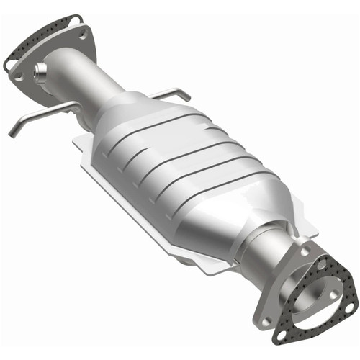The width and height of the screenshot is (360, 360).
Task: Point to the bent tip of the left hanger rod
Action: point(13,132)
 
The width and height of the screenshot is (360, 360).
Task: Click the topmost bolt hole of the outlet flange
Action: point(306,252)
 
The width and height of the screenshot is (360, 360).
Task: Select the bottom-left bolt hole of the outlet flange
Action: point(266,321)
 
